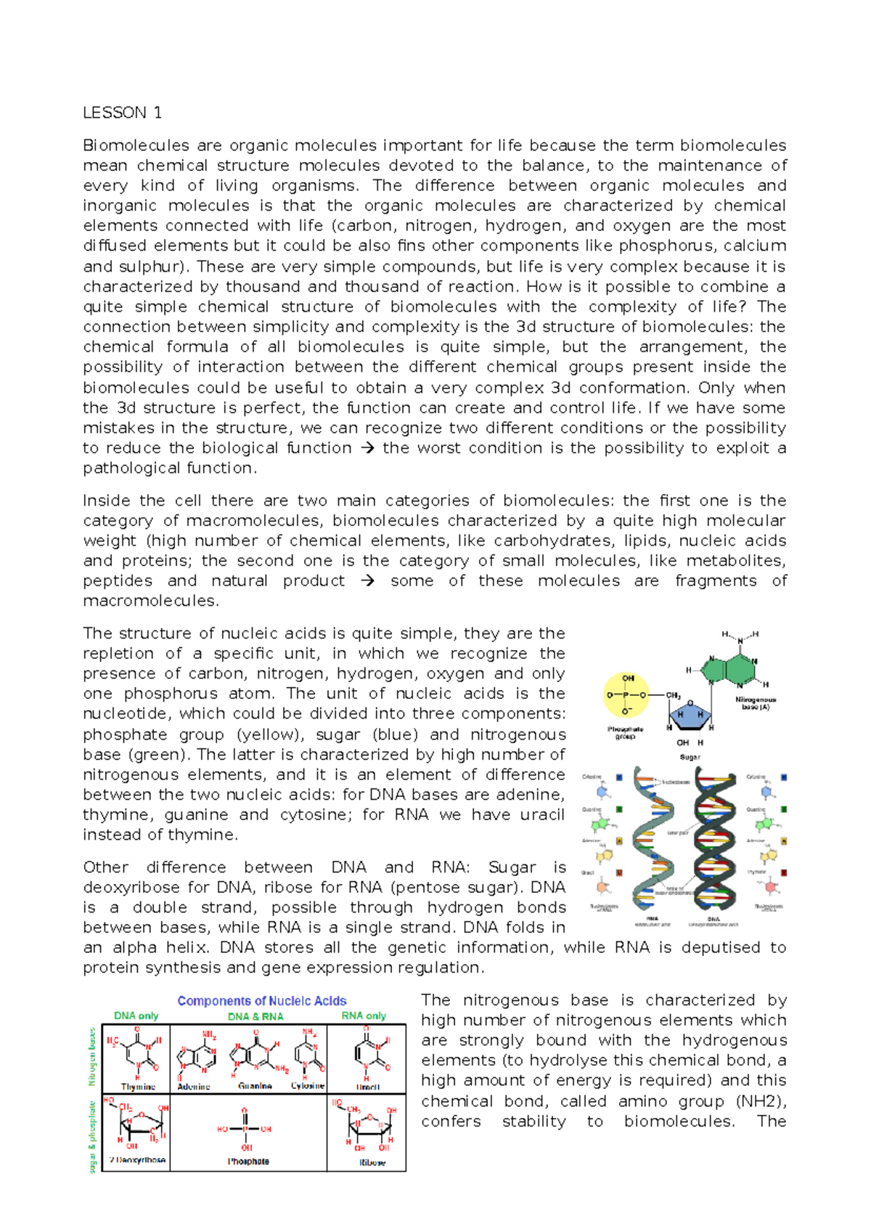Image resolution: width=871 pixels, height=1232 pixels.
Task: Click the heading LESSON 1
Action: pos(122,113)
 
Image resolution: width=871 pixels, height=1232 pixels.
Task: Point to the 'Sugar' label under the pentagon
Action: pos(690,757)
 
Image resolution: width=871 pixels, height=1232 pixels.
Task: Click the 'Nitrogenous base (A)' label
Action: pos(756,703)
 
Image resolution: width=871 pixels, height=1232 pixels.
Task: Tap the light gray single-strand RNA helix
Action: pos(653,843)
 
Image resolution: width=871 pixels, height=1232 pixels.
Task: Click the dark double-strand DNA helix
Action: pos(714,843)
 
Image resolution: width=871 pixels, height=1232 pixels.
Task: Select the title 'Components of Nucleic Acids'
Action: pos(262,1001)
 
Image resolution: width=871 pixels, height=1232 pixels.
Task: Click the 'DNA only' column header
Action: pos(136,1016)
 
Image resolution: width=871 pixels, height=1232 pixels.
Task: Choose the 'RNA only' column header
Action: pos(364,1016)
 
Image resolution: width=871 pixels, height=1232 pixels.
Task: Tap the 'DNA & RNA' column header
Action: pos(255,1016)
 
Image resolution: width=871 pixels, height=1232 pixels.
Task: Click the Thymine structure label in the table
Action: pos(138,1087)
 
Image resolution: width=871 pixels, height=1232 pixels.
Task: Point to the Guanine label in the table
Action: pos(255,1086)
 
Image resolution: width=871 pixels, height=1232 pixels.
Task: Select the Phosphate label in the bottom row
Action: pos(248,1162)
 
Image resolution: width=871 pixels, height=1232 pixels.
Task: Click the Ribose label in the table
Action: pos(372,1162)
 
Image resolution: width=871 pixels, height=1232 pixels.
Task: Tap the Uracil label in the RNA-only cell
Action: pos(368,1087)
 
